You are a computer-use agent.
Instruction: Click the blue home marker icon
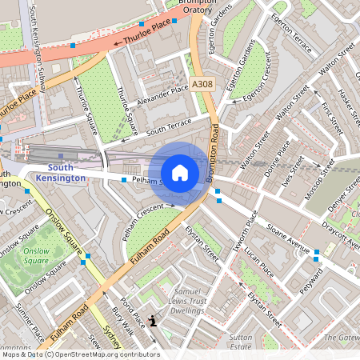click(180, 173)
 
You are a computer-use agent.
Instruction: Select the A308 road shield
click(202, 83)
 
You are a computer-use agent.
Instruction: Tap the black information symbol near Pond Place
click(154, 321)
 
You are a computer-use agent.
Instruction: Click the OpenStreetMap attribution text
click(80, 354)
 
